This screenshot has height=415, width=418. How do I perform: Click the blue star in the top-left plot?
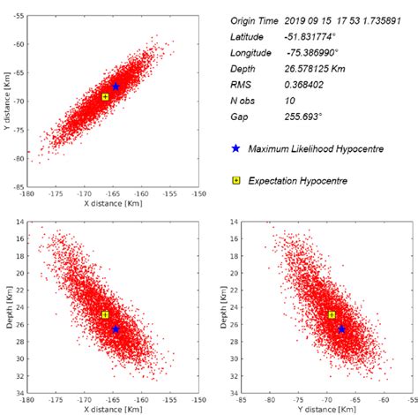pyautogui.click(x=116, y=87)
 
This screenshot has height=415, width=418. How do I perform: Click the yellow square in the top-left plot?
pyautogui.click(x=105, y=96)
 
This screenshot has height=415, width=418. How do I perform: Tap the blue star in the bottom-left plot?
pyautogui.click(x=116, y=328)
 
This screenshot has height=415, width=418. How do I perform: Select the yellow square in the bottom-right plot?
pyautogui.click(x=332, y=314)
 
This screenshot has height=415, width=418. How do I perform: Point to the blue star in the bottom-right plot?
pyautogui.click(x=341, y=328)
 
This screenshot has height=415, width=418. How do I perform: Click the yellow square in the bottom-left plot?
pyautogui.click(x=105, y=314)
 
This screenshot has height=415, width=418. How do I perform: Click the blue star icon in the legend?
pyautogui.click(x=235, y=148)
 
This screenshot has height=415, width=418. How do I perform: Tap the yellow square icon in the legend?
pyautogui.click(x=235, y=180)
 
